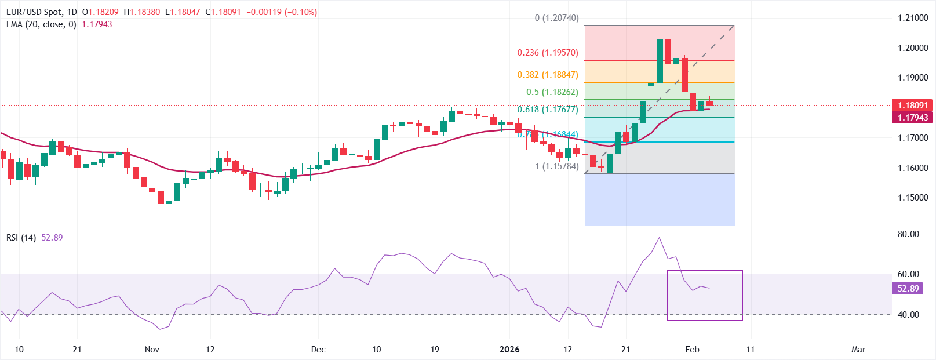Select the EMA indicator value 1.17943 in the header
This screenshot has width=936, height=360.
(97, 24)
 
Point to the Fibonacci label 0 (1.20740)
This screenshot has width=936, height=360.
(556, 18)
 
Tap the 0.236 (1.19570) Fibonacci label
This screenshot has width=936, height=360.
(547, 53)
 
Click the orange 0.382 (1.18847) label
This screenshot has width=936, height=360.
(547, 75)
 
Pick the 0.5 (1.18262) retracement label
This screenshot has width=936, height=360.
(552, 92)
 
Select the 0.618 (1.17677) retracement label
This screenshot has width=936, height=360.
(547, 110)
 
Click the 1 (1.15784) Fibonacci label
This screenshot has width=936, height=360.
(556, 166)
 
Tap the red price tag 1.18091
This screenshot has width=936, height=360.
(912, 106)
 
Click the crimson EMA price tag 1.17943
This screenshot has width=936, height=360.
(912, 118)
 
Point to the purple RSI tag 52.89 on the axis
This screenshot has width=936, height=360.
(908, 289)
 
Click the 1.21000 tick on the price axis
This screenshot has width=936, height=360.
(912, 18)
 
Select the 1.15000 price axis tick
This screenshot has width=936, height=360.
(912, 198)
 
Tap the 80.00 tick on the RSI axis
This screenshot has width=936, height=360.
(908, 234)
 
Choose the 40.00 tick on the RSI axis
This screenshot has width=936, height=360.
(908, 315)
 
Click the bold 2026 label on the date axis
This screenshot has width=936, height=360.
(509, 350)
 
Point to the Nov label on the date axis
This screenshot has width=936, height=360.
(152, 350)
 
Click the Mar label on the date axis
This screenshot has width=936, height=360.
(858, 350)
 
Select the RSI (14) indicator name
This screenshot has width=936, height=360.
(21, 238)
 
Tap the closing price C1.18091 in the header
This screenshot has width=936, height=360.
(223, 12)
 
